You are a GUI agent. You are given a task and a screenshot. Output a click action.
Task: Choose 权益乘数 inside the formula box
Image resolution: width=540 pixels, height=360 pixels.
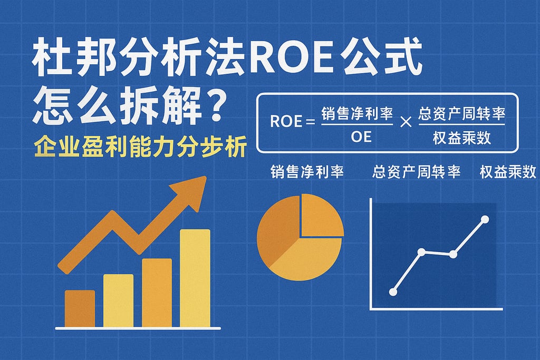(461, 138)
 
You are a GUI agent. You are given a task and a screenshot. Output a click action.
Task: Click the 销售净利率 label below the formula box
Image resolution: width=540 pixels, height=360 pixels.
(307, 172)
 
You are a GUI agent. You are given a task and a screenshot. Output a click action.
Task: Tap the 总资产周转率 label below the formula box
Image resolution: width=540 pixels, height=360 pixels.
(417, 172)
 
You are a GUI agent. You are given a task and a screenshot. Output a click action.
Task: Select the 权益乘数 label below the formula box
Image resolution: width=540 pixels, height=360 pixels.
(508, 172)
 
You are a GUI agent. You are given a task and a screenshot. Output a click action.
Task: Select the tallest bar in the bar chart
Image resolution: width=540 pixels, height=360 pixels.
(195, 278)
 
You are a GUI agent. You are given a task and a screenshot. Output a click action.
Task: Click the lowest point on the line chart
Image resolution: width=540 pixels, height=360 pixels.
(393, 291)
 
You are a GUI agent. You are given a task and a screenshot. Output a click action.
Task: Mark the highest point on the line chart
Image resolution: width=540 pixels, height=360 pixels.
(485, 219)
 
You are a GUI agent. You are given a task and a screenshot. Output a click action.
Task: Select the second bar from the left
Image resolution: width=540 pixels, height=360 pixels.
(118, 300)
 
